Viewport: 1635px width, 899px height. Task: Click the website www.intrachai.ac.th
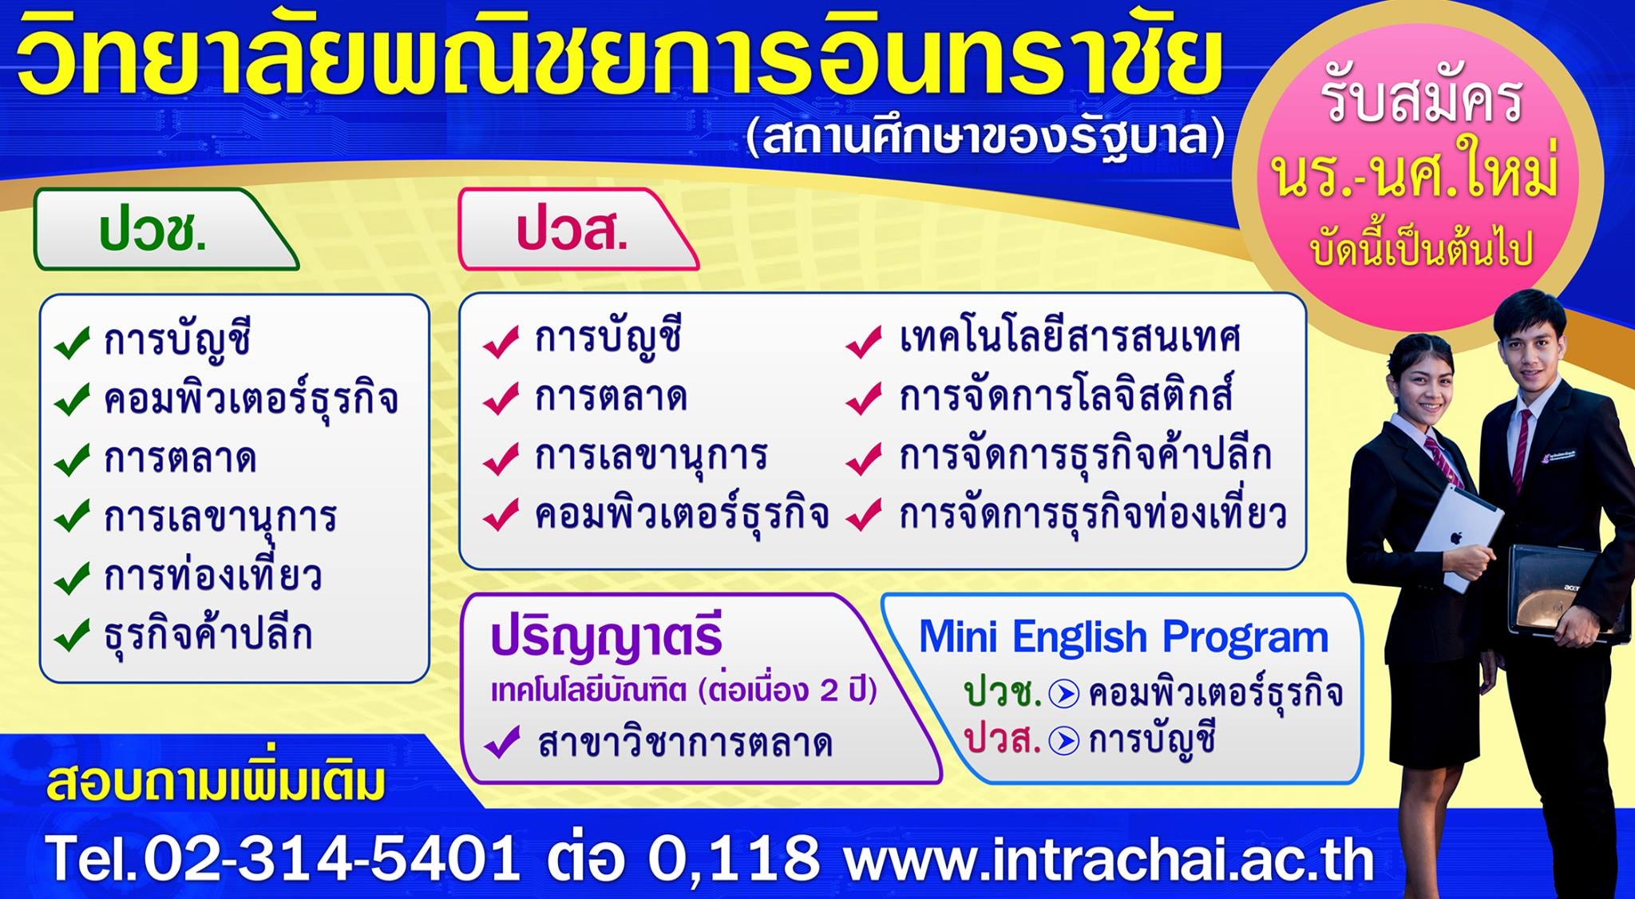tap(1109, 859)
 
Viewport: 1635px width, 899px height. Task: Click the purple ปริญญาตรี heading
tap(607, 640)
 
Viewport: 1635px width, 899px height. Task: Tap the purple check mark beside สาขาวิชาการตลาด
tap(503, 743)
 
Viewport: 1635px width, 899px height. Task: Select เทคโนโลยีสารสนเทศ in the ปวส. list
tap(1070, 339)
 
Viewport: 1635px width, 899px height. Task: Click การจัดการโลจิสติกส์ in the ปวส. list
tap(1067, 397)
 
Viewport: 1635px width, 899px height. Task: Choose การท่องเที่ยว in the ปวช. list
tap(212, 576)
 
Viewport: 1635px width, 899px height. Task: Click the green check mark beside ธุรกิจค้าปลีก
tap(72, 636)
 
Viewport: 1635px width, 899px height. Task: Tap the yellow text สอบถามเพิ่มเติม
tap(216, 782)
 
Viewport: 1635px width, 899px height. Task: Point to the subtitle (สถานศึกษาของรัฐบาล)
tap(985, 137)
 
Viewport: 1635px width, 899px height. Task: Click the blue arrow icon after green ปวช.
tap(1064, 694)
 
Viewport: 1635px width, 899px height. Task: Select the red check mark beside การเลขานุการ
tap(501, 457)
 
